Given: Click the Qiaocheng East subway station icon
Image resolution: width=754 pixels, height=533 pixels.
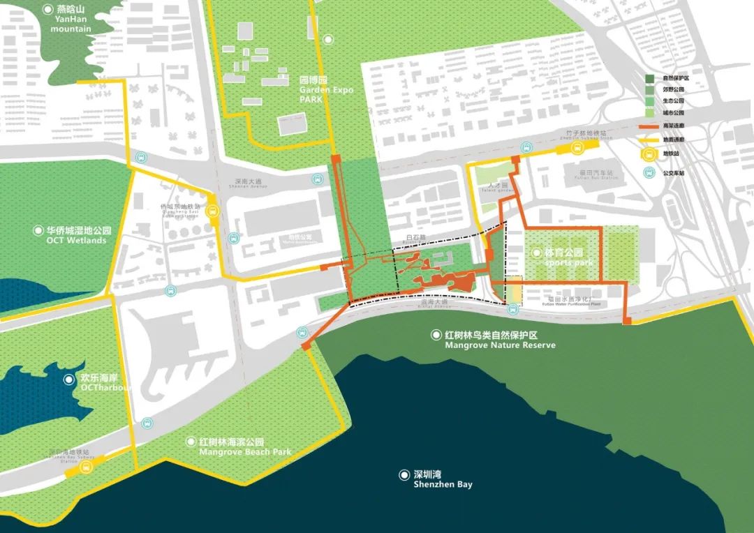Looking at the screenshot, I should tap(213, 209).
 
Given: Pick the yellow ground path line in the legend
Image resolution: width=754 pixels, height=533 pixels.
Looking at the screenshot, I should tap(650, 140).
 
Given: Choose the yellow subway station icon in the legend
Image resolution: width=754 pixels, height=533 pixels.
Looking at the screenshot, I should tap(650, 153).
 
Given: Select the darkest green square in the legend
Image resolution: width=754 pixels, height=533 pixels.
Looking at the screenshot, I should tap(650, 79).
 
